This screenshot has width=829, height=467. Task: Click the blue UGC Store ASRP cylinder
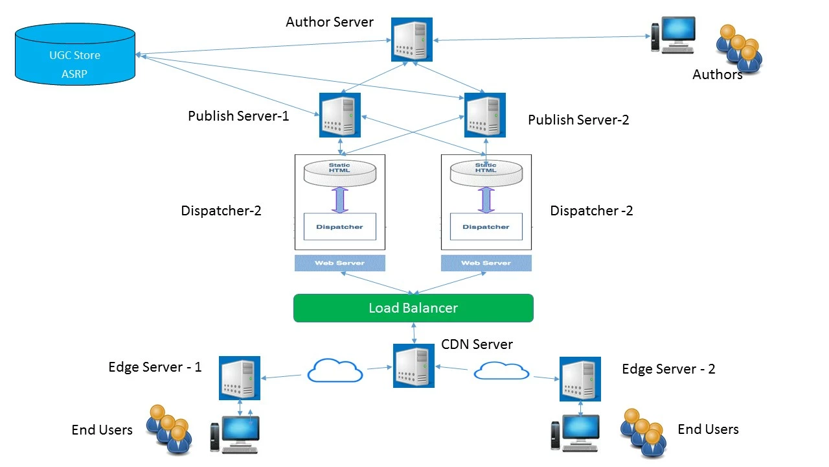75,54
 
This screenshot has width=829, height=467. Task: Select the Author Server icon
411,39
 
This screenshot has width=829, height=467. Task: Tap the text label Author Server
330,22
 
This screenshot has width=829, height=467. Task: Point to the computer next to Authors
673,35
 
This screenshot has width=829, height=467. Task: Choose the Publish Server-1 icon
339,115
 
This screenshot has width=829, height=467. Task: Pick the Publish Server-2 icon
485,115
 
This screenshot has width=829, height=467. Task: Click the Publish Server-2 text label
578,120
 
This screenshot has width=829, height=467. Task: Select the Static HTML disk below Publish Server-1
339,172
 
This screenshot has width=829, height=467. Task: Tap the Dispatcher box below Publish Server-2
486,227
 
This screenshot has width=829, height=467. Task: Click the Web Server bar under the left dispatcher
339,263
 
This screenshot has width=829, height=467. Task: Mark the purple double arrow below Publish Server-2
485,200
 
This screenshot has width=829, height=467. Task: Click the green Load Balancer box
413,308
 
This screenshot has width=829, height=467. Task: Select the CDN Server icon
414,366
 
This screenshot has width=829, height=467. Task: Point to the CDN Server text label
477,344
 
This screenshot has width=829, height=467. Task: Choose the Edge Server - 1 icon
239,377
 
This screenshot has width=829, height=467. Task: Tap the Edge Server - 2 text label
668,369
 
